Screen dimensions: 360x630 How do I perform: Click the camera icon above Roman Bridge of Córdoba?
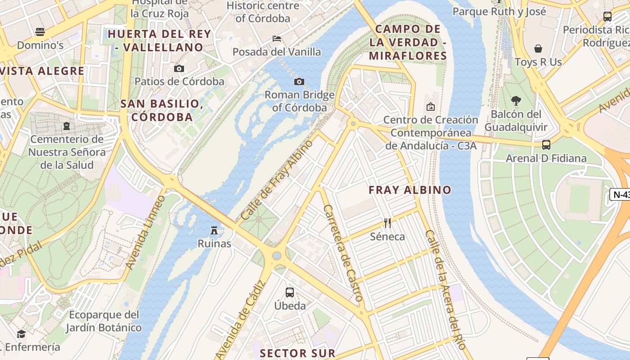coord(299,81)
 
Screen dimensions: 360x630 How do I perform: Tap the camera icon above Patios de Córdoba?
coord(179,68)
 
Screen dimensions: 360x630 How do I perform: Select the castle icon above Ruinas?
coord(214,230)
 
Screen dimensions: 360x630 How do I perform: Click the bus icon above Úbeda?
coord(290,292)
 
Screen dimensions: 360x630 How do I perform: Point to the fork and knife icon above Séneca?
coord(387,223)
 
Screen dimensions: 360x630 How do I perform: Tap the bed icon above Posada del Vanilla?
coord(277,39)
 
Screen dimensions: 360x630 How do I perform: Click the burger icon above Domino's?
coord(40,32)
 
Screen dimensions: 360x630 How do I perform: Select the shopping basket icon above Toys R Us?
coord(538,49)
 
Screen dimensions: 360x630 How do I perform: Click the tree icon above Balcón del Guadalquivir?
coord(516,101)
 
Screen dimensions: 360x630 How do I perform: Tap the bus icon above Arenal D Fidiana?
coord(546,145)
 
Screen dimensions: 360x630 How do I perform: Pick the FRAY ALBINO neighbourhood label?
coord(410,190)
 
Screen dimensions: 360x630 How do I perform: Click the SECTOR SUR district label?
coord(297,353)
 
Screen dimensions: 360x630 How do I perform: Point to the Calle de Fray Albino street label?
coord(277,180)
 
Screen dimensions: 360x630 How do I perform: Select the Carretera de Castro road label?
coord(343,253)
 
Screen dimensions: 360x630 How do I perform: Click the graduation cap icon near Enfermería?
coord(21,334)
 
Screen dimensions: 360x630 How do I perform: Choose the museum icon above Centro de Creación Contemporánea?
coord(430,107)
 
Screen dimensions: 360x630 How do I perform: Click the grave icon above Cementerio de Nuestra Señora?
coord(67,126)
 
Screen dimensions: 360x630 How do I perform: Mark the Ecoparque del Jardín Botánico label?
coord(104,321)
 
